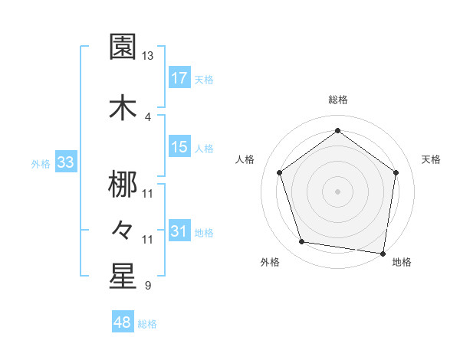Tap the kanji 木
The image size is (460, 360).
123,107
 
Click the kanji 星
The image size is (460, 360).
123,277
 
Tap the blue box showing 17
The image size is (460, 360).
179,78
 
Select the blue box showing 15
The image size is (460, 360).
179,147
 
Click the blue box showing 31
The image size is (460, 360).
179,231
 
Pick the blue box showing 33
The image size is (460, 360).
65,163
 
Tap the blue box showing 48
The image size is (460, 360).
123,322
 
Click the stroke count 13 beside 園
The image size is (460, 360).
147,56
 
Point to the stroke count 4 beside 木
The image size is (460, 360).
147,116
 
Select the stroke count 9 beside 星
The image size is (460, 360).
147,286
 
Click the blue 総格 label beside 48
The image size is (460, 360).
147,324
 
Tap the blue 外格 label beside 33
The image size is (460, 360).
40,164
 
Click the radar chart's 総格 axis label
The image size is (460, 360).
337,100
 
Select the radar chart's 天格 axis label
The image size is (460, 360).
432,159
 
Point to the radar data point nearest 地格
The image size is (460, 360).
383,253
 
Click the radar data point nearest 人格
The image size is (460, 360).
279,172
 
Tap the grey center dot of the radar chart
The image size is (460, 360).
337,191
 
